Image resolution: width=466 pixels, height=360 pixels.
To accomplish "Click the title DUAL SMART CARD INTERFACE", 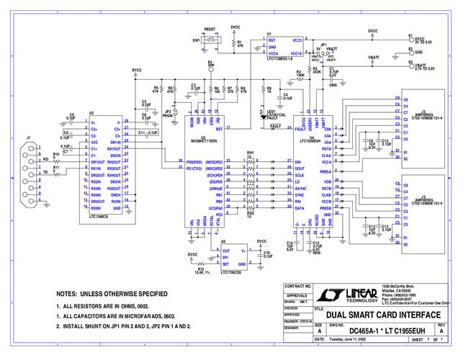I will pyautogui.click(x=383, y=315).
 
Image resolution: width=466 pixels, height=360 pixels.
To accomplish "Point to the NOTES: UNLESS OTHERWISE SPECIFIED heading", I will pyautogui.click(x=112, y=294).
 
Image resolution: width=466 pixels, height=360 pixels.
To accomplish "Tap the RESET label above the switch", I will pyautogui.click(x=210, y=32).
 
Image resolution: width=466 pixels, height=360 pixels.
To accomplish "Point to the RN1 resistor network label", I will pyautogui.click(x=251, y=153).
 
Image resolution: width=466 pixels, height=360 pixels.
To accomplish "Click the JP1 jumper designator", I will pyautogui.click(x=323, y=44).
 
